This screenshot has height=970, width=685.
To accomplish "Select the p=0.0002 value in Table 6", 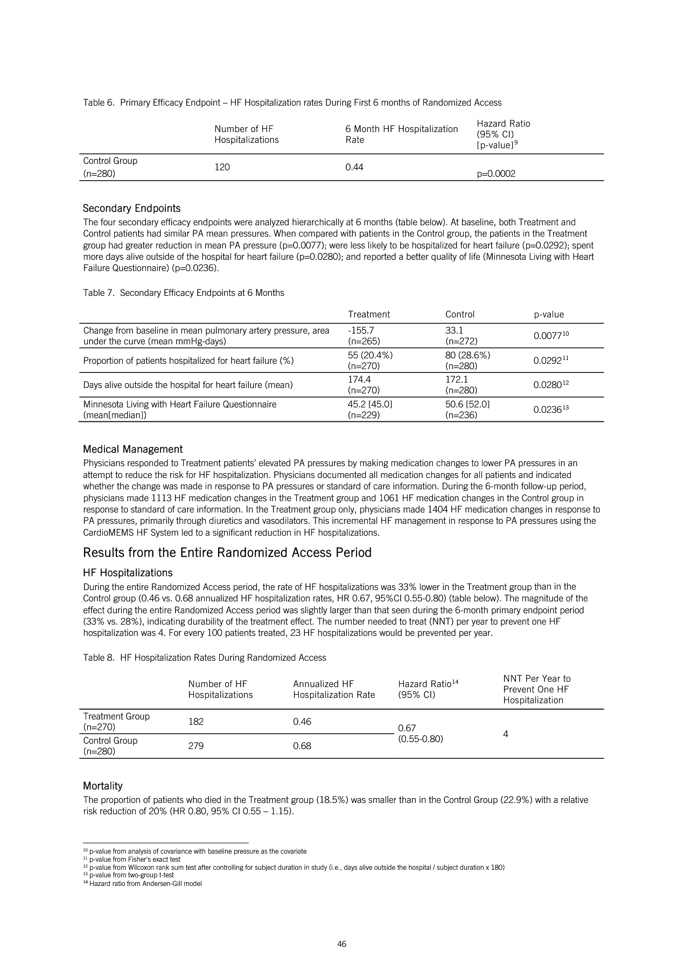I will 496,174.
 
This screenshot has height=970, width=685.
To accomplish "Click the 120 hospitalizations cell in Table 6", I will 222,167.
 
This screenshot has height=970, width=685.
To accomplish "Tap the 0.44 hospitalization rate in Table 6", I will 354,167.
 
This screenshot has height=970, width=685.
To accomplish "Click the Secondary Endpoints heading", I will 131,209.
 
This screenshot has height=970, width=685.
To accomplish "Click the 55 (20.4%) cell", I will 370,355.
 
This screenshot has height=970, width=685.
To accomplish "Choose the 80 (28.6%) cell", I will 467,355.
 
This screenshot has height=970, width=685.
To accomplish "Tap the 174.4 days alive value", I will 359,379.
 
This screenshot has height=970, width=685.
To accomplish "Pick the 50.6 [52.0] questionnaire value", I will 467,404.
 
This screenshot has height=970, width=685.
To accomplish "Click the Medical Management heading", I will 132,449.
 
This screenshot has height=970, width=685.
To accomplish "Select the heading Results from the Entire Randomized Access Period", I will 227,553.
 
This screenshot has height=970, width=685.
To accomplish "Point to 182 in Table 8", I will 195,722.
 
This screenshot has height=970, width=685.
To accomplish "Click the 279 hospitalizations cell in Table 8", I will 195,746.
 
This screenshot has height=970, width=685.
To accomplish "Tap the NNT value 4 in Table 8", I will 506,734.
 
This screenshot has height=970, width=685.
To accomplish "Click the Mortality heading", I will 102,786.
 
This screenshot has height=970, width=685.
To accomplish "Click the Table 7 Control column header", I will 459,314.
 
